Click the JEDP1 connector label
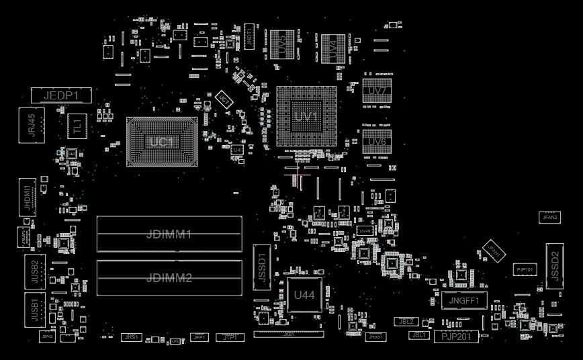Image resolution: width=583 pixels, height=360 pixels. (x=61, y=95)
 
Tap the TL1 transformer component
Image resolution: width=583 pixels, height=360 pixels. (x=77, y=126)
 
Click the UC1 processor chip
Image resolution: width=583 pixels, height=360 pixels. (x=162, y=142)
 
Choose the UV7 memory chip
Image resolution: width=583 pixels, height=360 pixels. (x=377, y=91)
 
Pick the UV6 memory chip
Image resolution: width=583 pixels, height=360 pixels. (x=377, y=142)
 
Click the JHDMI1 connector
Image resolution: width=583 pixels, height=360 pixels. (x=28, y=197)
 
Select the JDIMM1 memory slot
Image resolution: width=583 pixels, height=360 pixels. (x=169, y=234)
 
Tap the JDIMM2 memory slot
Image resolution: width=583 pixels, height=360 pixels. (x=169, y=277)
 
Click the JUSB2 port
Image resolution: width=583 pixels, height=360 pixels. (x=34, y=271)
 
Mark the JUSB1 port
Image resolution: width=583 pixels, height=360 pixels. (x=34, y=310)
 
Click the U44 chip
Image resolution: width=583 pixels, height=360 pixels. (x=304, y=294)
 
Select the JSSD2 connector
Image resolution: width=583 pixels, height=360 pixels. (x=554, y=266)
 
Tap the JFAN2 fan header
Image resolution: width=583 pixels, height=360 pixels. (x=550, y=218)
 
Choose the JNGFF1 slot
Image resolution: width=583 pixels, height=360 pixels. (x=464, y=300)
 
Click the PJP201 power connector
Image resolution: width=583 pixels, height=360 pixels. (x=456, y=336)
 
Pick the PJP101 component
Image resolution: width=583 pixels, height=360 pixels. (x=525, y=269)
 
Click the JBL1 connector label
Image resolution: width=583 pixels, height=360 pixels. (x=419, y=334)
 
